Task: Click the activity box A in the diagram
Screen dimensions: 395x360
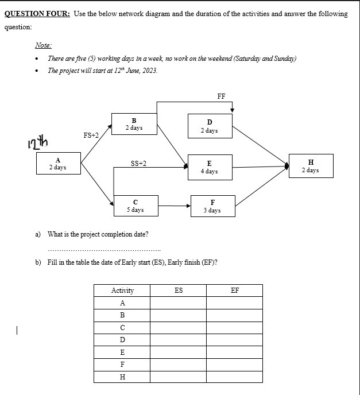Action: [57, 164]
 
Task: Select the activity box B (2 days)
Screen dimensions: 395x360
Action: [134, 124]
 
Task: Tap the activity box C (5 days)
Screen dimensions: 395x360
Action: [135, 206]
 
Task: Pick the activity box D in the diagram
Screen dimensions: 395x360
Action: [209, 126]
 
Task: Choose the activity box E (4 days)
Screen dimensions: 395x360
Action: [209, 167]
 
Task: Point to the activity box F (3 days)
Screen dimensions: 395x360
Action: [212, 206]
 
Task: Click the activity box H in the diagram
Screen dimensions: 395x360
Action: [310, 166]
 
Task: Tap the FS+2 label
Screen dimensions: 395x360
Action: [91, 135]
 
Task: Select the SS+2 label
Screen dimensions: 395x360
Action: [138, 164]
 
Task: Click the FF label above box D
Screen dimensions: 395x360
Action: [221, 96]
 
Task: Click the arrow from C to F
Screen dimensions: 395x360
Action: [174, 206]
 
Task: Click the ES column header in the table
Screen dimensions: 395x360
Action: [178, 291]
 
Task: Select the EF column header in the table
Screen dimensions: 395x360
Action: [234, 291]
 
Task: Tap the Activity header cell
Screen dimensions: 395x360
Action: [122, 291]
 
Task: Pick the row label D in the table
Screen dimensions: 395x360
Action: [122, 340]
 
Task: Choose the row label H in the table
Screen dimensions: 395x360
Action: [122, 377]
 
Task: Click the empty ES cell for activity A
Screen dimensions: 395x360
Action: [178, 303]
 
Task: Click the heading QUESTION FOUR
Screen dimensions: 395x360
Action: [37, 14]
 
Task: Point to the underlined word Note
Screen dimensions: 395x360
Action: [43, 45]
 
